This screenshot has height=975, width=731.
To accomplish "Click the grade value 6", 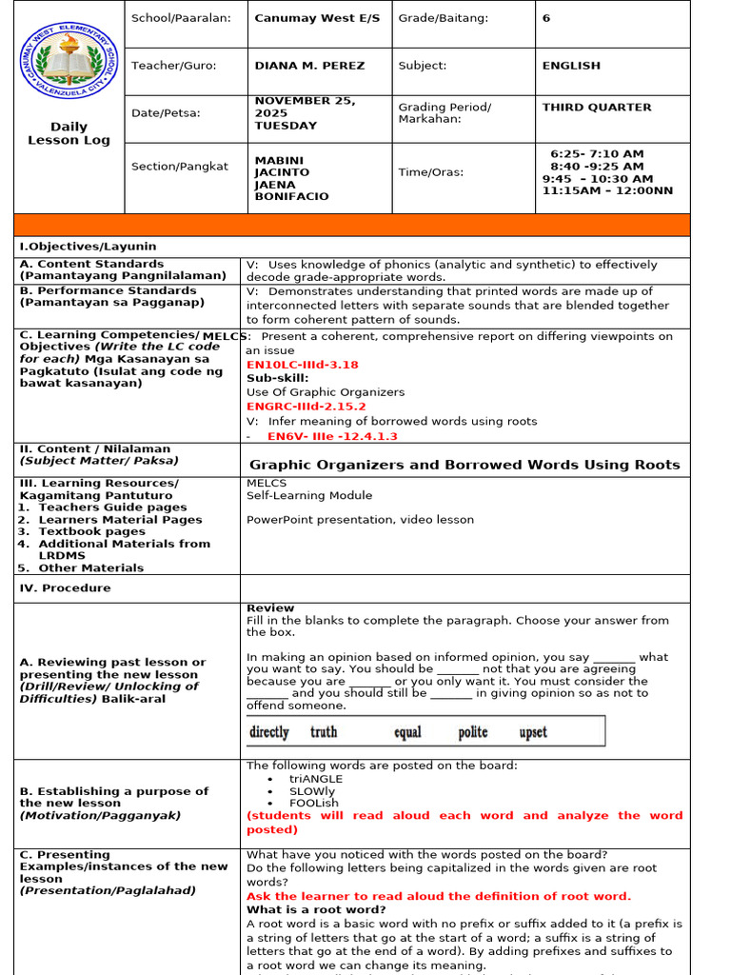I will [546, 18].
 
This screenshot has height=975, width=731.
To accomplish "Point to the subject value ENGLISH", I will [571, 66].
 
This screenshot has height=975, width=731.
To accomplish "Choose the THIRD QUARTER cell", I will [597, 108].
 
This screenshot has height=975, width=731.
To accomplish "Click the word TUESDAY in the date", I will [286, 126].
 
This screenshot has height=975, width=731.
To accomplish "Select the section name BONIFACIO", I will [291, 196].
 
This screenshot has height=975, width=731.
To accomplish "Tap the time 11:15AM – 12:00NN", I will [607, 190].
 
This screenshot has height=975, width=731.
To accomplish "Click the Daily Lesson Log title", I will [69, 133].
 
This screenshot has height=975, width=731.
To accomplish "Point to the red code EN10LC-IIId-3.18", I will [303, 365].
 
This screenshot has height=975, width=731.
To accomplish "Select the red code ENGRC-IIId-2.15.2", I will [306, 407].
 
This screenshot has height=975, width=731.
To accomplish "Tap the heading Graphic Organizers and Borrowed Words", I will [464, 465].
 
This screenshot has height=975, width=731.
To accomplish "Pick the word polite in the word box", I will [473, 732].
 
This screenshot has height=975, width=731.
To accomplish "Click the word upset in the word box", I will [533, 732].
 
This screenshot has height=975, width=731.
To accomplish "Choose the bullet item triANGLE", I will [316, 779].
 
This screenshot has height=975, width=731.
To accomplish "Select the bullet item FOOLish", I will [314, 803].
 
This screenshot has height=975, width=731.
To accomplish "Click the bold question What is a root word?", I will [316, 909].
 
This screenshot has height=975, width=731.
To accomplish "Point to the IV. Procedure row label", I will [65, 588].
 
